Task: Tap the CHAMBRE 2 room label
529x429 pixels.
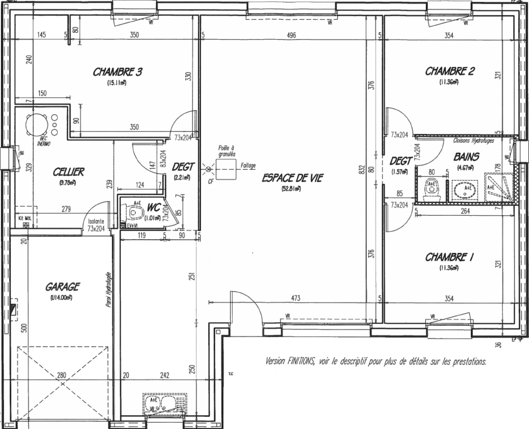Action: coord(449,71)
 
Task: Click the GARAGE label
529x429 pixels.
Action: coord(62,287)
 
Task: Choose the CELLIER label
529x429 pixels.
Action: coord(69,172)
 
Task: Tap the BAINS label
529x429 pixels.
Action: coord(466,157)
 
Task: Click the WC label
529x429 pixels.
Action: coord(154,207)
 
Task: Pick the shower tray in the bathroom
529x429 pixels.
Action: coord(499,188)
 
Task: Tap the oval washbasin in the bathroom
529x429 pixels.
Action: coord(468,190)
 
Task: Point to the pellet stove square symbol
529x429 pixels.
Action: coord(225,169)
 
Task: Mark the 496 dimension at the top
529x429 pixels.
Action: coord(291,35)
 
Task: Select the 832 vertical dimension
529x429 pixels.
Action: coord(362,170)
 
